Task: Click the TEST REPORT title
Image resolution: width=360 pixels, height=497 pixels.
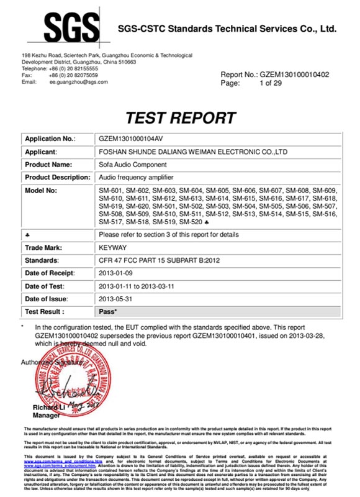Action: coord(181,117)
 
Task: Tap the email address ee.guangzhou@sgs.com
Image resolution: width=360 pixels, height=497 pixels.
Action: coord(79,81)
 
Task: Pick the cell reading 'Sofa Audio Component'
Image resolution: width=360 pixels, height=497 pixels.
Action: coord(133,164)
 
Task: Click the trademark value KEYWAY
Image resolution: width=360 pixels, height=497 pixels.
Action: coord(112,247)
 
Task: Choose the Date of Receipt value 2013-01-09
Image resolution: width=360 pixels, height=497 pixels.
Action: coord(118,273)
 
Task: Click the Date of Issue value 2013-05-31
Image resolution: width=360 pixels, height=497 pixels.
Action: coord(118,299)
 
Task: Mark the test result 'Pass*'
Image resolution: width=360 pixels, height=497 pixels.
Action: coord(109,311)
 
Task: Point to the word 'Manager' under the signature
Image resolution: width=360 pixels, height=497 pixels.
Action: coord(45,415)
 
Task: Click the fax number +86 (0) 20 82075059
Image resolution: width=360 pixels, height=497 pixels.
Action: coord(74,75)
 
